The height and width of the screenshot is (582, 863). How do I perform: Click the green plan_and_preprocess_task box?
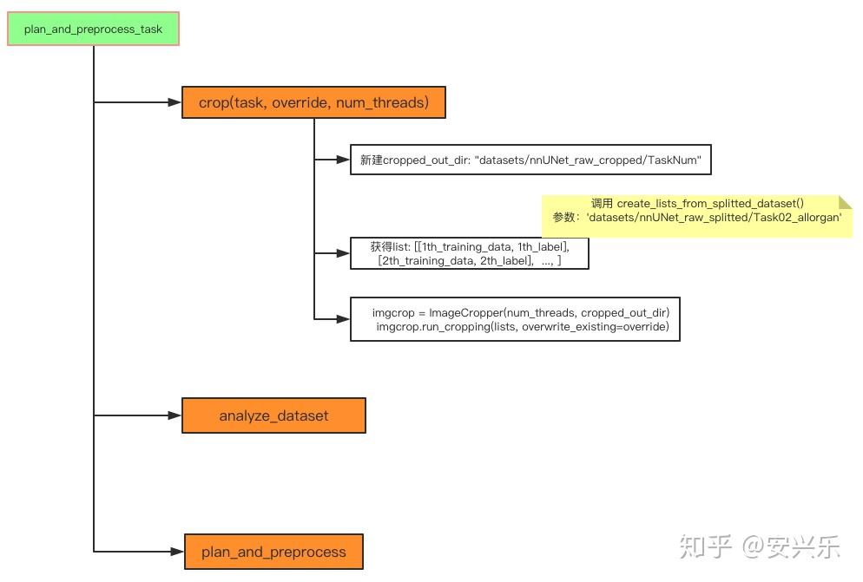[x=93, y=29]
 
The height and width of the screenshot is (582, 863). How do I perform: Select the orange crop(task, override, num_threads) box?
[x=313, y=102]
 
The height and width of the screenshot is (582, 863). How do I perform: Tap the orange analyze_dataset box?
[x=273, y=415]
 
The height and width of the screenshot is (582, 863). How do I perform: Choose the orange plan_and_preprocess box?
[x=273, y=552]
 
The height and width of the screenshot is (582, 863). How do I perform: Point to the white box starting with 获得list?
[x=469, y=253]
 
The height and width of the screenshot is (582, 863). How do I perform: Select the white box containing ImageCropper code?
[x=515, y=319]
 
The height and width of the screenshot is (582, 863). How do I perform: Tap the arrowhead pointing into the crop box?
[x=175, y=102]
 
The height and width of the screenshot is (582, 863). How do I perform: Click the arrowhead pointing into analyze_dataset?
[x=175, y=415]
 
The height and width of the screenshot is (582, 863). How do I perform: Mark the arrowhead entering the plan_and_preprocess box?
[x=177, y=552]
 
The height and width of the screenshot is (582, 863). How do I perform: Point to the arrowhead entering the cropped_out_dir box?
[x=343, y=160]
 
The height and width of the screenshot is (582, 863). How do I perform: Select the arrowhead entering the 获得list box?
[x=343, y=253]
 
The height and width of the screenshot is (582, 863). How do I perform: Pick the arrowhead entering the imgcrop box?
[x=343, y=319]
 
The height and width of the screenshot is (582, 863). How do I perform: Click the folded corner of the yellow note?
[x=846, y=201]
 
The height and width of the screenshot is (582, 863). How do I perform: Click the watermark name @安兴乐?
[x=790, y=547]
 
